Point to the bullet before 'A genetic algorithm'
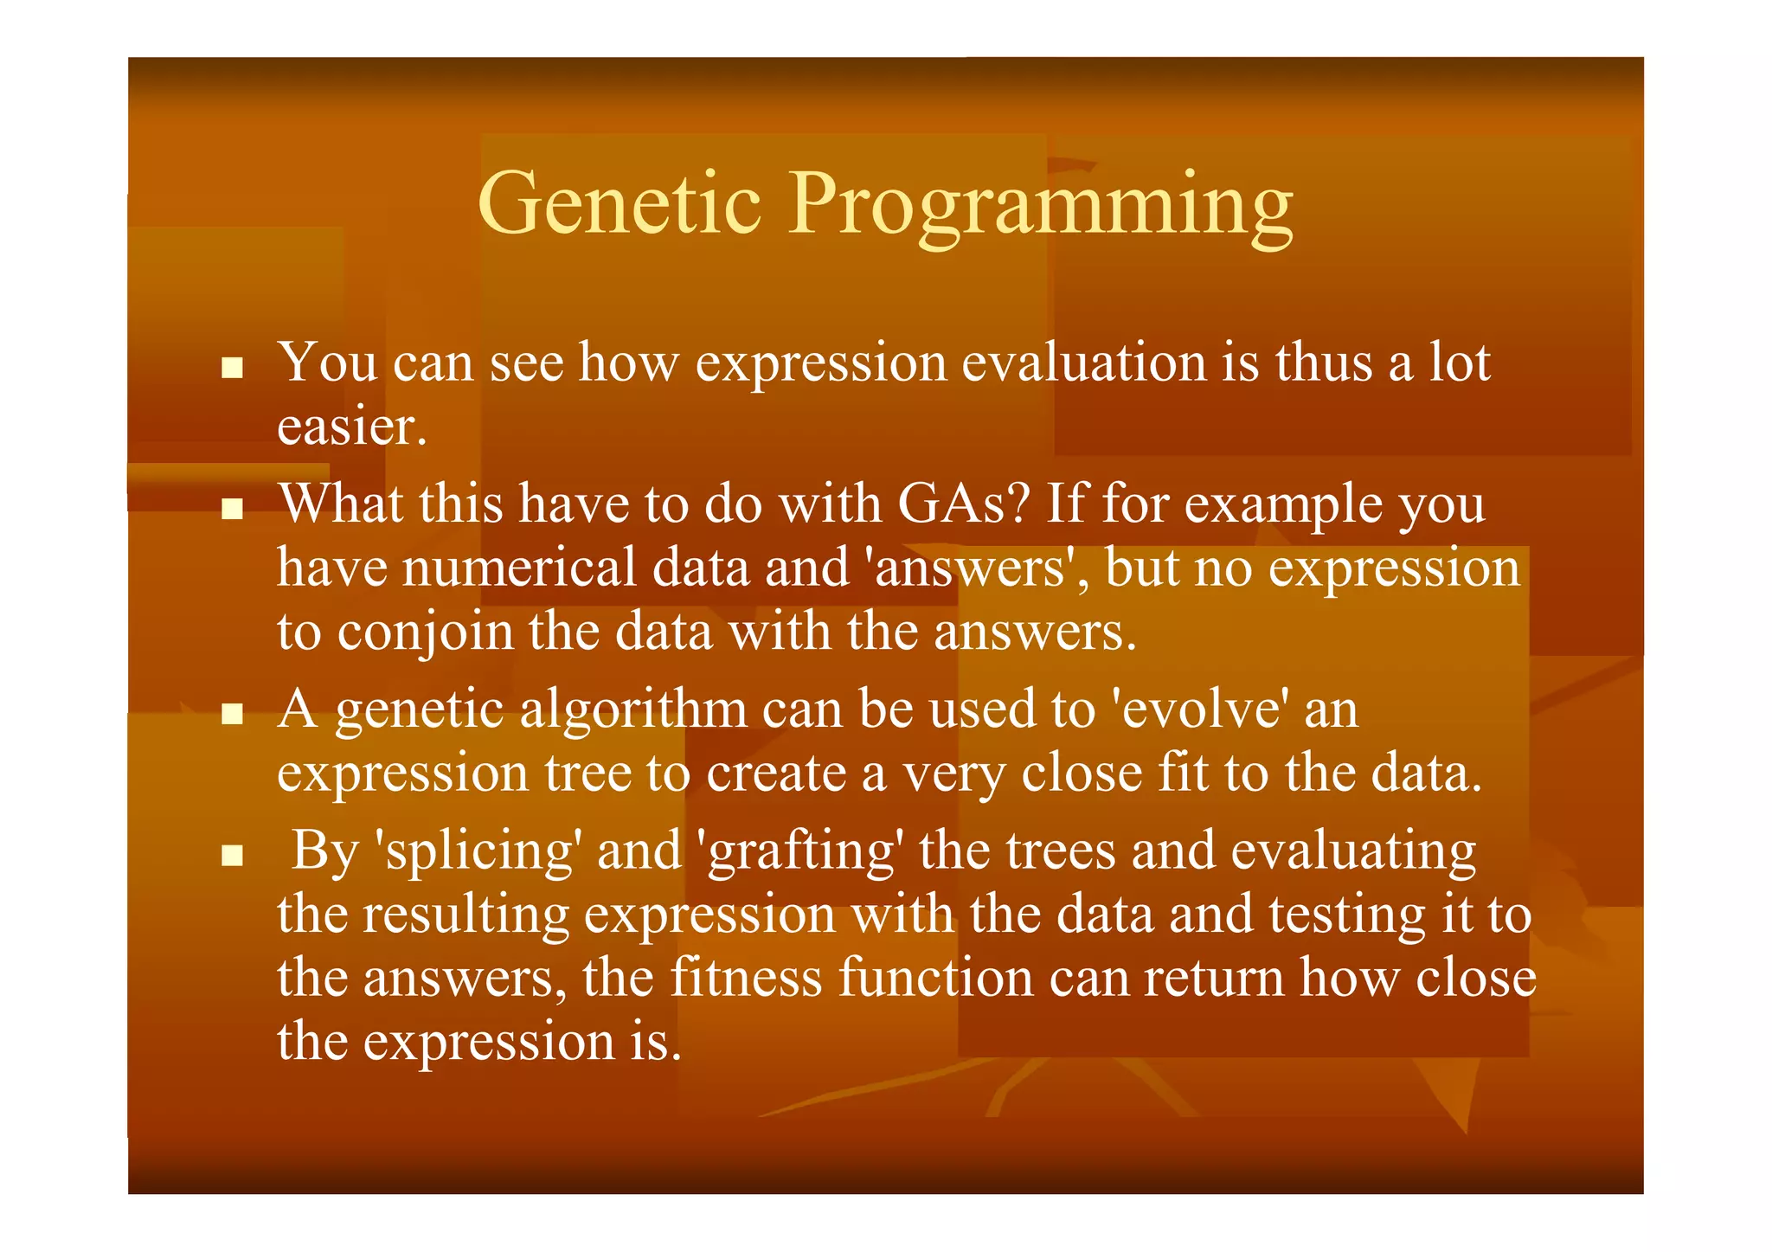(x=231, y=715)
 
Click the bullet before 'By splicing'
(x=231, y=856)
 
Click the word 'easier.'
(x=352, y=427)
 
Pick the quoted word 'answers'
(x=970, y=568)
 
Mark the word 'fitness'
(x=746, y=978)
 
